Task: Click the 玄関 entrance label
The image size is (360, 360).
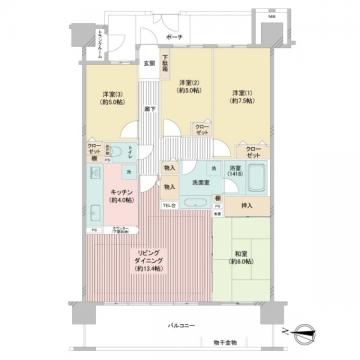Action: (148, 64)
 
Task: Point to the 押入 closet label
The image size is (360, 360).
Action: (246, 206)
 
